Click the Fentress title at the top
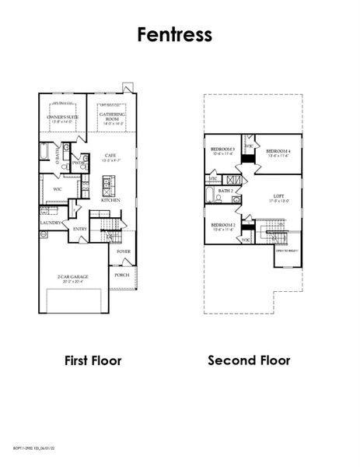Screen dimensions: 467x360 [x=180, y=35]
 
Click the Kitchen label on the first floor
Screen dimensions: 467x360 [x=110, y=200]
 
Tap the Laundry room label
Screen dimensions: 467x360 [x=51, y=223]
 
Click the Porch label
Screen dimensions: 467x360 [x=122, y=275]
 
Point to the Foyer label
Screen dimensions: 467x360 [x=123, y=252]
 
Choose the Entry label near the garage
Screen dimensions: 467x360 [x=80, y=229]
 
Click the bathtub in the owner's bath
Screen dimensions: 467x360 [x=47, y=152]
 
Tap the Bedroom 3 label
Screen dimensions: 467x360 [x=222, y=149]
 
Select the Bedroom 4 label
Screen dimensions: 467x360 [x=277, y=151]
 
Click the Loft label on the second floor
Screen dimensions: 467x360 [x=278, y=197]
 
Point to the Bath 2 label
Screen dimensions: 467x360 [x=226, y=190]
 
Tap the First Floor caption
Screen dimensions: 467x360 [x=93, y=360]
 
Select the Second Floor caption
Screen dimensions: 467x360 [x=249, y=360]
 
